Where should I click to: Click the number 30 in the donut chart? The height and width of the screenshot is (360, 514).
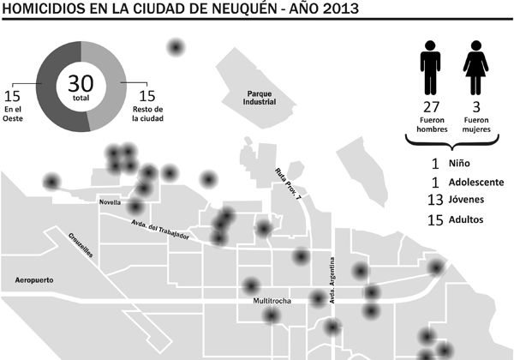(81, 85)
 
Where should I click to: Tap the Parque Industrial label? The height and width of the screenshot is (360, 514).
(260, 98)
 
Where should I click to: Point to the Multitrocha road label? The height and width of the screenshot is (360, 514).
(274, 303)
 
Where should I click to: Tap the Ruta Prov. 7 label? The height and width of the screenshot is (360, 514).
(289, 183)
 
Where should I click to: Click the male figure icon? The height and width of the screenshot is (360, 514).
(431, 69)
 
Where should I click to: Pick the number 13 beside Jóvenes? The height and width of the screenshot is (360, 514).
(434, 201)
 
